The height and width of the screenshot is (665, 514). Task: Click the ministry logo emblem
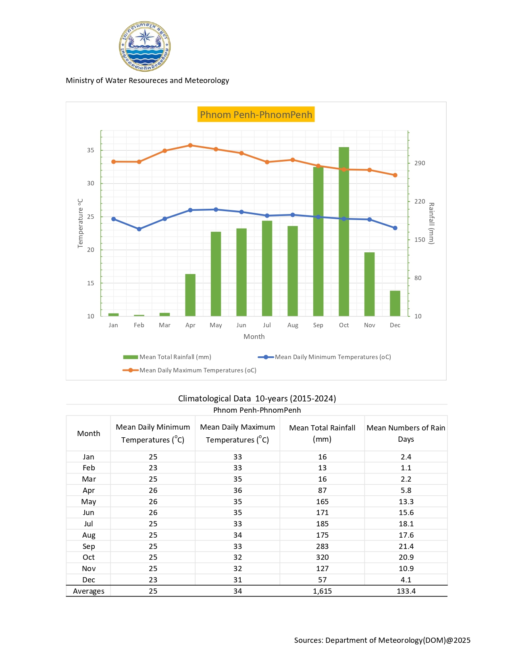click(x=145, y=46)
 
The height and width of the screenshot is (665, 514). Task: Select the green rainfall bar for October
click(x=344, y=232)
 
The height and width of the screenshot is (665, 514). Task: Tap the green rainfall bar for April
click(x=190, y=295)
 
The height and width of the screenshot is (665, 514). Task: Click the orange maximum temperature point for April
click(x=190, y=145)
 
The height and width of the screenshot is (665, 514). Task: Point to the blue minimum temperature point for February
click(x=139, y=229)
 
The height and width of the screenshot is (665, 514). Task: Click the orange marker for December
click(x=395, y=175)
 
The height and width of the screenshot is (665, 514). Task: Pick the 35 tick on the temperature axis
click(x=91, y=150)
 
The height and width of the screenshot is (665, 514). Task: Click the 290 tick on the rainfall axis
click(x=420, y=163)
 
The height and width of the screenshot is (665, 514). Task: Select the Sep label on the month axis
click(x=318, y=325)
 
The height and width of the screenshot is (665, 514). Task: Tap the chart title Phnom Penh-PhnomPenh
click(x=256, y=114)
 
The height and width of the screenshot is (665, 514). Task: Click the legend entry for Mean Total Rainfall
click(x=167, y=357)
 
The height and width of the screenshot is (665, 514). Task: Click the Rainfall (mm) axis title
click(x=431, y=223)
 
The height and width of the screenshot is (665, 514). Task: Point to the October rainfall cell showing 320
click(x=322, y=557)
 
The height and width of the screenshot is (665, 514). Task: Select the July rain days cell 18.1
click(x=406, y=524)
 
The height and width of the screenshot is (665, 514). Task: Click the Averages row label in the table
click(x=89, y=591)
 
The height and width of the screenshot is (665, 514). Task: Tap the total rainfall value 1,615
click(x=322, y=591)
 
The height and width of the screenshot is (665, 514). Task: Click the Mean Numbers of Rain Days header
click(x=406, y=433)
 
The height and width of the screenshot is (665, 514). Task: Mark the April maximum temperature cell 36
click(x=237, y=490)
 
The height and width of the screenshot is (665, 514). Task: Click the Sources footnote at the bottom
click(x=382, y=640)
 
